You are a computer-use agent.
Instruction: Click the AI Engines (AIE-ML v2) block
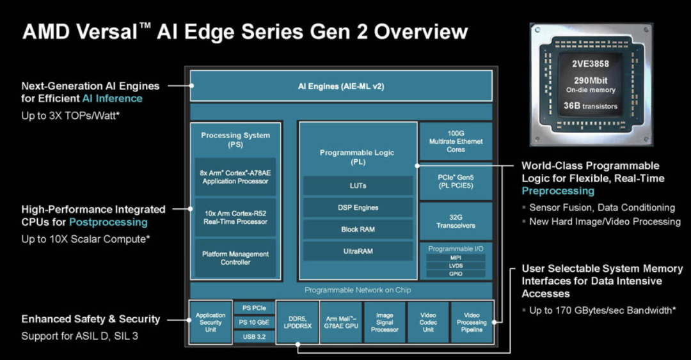(341, 86)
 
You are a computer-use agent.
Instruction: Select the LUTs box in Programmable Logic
(358, 185)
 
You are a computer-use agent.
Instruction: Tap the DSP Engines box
(358, 207)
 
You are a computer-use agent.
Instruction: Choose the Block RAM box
(358, 229)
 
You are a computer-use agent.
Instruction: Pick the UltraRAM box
(358, 251)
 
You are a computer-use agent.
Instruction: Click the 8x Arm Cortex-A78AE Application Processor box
(235, 177)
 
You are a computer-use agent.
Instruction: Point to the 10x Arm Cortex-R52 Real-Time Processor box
(235, 217)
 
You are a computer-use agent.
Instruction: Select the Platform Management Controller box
(235, 258)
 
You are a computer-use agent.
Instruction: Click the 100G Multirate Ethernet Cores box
(456, 141)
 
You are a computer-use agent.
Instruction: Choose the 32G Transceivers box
(456, 221)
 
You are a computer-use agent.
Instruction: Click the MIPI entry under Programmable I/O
(456, 258)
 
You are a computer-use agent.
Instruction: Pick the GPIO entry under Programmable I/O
(456, 274)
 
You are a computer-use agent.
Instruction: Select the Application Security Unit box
(210, 322)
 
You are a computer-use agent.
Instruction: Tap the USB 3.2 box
(253, 336)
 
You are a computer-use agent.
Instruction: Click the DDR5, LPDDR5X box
(298, 322)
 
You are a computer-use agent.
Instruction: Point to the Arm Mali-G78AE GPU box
(341, 322)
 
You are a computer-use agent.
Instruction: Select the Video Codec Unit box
(428, 322)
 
